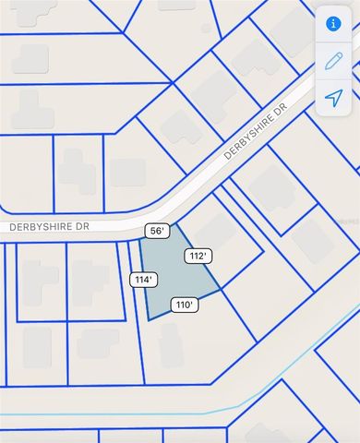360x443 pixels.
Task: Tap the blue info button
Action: click(x=334, y=25)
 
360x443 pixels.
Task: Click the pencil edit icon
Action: click(x=334, y=61)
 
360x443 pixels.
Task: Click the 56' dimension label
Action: click(x=155, y=231)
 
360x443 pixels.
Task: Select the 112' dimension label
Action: click(x=197, y=256)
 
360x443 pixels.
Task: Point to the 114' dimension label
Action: click(x=143, y=280)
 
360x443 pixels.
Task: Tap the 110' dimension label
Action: click(x=184, y=304)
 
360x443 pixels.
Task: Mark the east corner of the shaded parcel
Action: click(x=222, y=291)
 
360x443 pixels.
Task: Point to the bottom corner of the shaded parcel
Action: click(x=150, y=320)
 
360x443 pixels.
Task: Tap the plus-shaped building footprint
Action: click(x=78, y=171)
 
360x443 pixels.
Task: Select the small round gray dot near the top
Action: click(x=207, y=29)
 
